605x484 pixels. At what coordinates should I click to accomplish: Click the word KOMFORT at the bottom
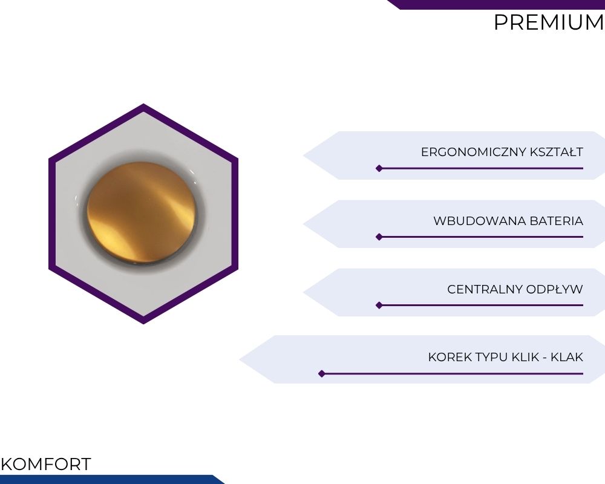46,464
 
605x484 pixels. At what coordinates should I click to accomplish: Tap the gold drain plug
142,213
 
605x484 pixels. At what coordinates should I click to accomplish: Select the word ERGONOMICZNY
474,152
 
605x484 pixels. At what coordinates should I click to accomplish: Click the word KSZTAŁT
557,152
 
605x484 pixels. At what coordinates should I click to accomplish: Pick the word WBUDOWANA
480,221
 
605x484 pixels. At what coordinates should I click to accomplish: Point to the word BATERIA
557,221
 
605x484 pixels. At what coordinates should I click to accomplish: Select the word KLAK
567,357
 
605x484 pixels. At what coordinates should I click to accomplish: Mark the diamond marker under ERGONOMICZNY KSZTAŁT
379,168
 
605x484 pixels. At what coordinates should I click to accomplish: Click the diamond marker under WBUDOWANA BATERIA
379,237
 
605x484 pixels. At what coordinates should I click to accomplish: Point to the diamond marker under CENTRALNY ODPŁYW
379,306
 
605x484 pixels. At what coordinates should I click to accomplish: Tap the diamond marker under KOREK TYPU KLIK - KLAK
322,374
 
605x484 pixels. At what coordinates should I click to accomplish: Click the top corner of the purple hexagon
143,104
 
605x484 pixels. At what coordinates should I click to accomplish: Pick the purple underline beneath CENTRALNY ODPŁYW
482,306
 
